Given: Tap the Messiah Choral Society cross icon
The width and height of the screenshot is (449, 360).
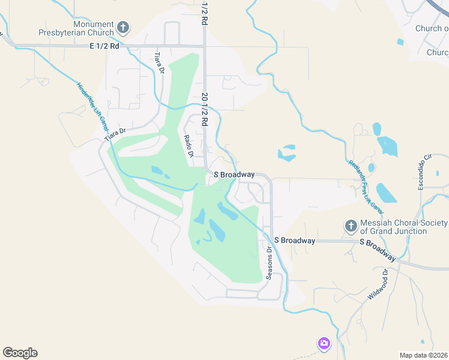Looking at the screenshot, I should (351, 226).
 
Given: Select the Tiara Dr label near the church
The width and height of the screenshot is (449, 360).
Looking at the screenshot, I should (159, 63).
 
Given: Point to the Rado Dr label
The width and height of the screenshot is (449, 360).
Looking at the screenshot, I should (188, 146).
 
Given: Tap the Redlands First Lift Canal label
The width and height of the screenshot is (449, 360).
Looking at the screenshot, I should (365, 187).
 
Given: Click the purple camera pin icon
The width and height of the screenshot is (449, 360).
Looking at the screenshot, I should (324, 343).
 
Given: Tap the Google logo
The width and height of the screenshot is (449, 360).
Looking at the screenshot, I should (20, 353).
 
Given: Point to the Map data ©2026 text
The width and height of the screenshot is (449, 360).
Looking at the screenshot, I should (423, 355).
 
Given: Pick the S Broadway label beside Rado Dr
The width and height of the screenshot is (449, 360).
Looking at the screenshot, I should (234, 175).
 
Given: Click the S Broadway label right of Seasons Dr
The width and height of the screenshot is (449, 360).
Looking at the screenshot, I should (295, 241).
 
